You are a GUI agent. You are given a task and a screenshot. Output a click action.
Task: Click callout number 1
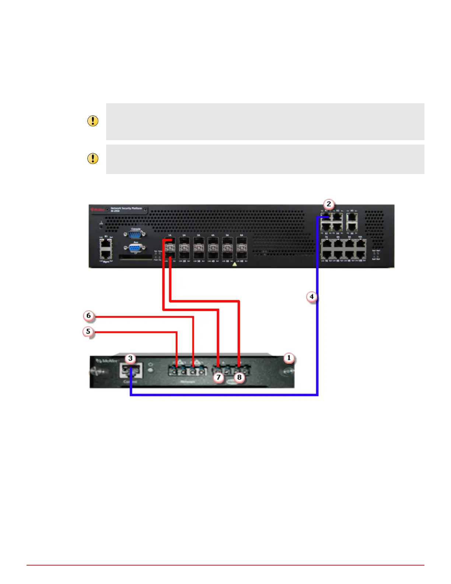[289, 358]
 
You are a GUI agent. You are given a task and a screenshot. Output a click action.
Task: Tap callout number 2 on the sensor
[329, 204]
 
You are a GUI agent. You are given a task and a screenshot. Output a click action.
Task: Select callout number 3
[130, 358]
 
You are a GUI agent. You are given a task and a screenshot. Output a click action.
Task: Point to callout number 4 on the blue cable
[312, 296]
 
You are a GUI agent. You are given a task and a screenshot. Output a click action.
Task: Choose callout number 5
[88, 331]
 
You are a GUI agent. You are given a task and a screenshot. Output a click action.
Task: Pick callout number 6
[88, 316]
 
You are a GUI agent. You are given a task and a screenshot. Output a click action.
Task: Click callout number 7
[218, 377]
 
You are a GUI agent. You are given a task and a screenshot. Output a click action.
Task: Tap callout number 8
[240, 377]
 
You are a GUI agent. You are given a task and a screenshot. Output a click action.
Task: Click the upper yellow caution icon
[93, 121]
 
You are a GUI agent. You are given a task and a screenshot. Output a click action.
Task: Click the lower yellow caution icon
[93, 159]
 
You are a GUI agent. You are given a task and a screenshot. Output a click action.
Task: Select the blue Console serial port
[135, 234]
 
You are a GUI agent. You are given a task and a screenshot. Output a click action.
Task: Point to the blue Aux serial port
[135, 247]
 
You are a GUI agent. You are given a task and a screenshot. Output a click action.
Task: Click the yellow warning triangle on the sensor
[235, 264]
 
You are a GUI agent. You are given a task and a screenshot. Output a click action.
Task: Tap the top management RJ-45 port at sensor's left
[106, 243]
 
